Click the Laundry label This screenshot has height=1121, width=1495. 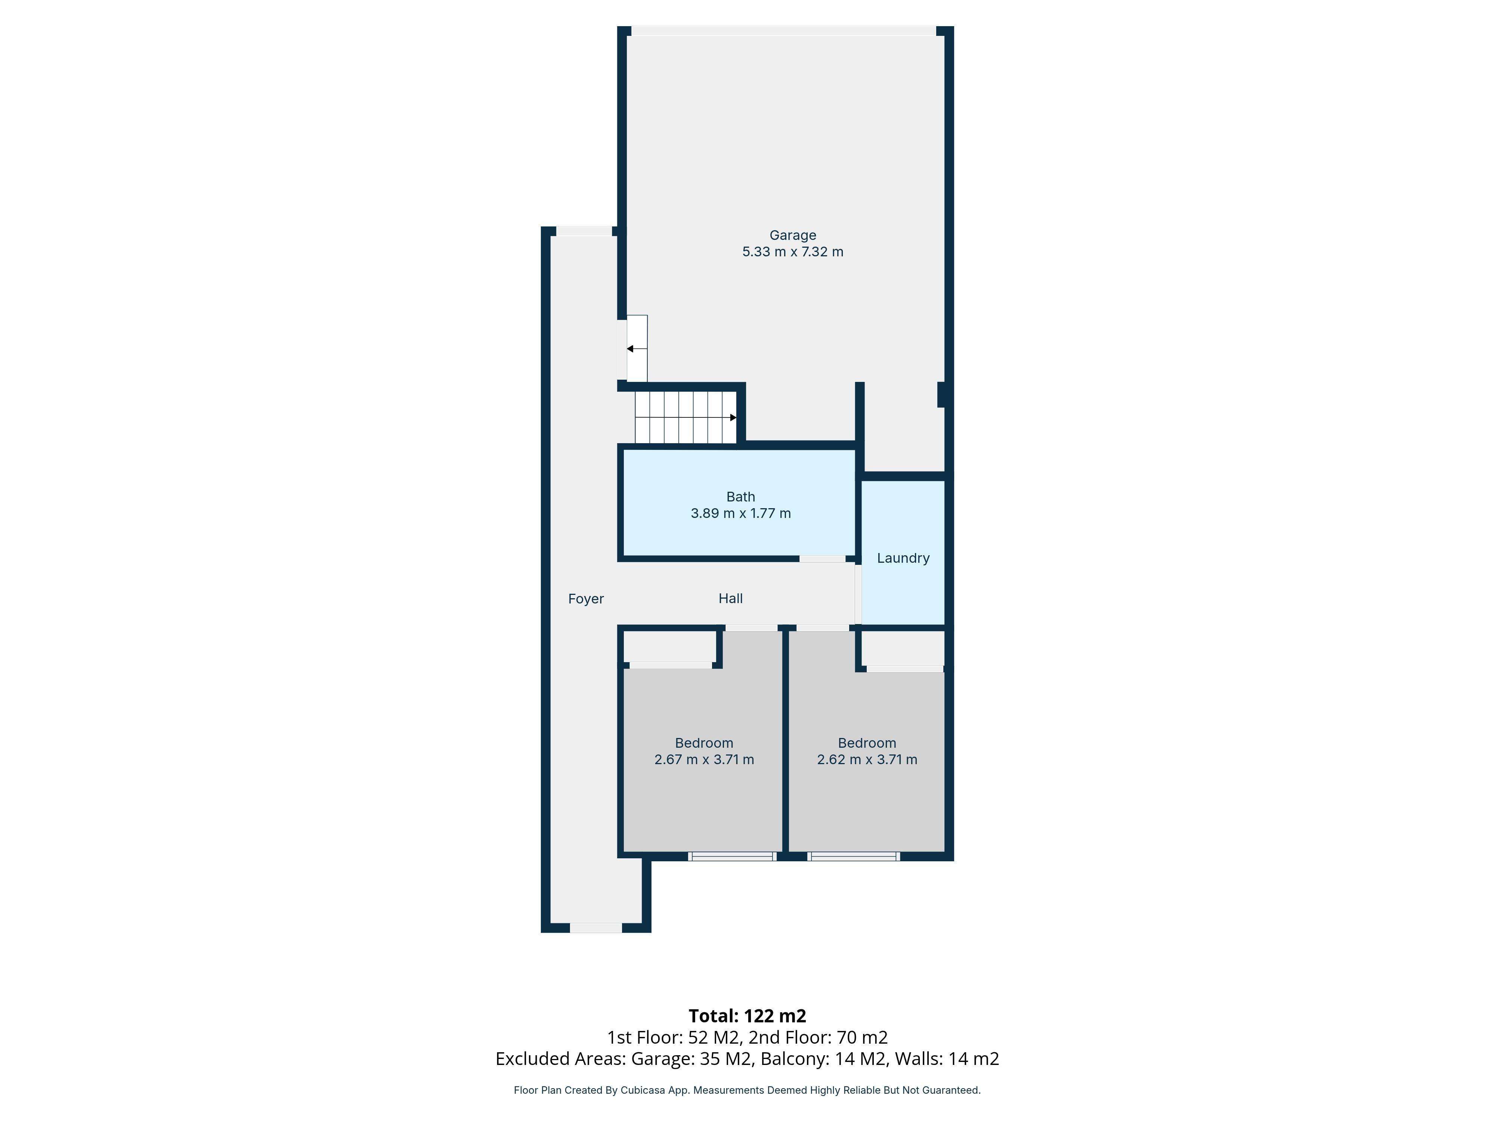tap(903, 558)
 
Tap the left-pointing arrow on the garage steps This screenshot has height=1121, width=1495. tap(630, 349)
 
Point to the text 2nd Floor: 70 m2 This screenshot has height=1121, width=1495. tap(818, 1037)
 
